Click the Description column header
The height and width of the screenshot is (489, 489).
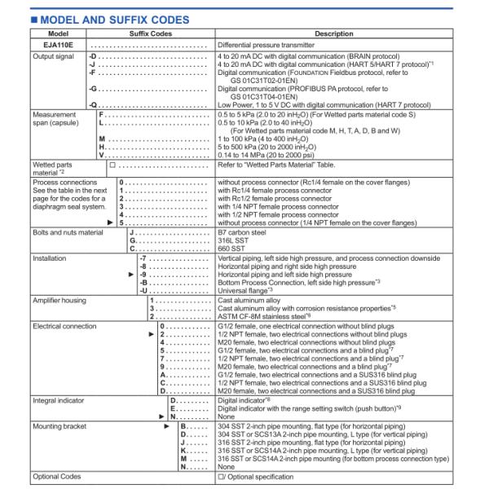[x=333, y=34]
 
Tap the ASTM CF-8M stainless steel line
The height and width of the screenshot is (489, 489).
[x=268, y=317]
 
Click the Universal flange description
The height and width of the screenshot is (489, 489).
[x=245, y=290]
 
